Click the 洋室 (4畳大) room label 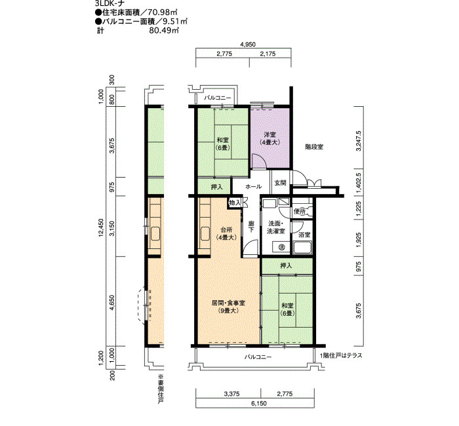270,139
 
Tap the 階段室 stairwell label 314,147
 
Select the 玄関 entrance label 280,183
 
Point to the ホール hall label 253,186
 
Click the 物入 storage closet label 235,203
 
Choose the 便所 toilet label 300,211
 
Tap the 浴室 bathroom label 304,235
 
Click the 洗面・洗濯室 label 276,227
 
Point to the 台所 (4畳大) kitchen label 226,234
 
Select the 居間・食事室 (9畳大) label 228,307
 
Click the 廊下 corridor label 251,227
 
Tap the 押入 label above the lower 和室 286,265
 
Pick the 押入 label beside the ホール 216,187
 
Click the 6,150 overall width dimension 259,403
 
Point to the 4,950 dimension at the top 248,45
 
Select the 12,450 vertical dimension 101,227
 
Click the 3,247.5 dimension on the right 359,141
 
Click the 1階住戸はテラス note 341,355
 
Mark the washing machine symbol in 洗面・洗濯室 281,246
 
